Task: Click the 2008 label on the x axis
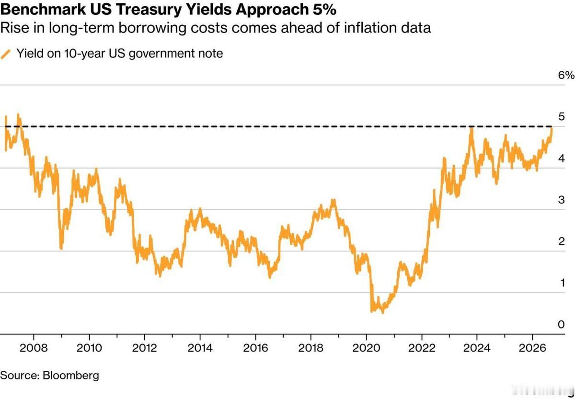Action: [34, 348]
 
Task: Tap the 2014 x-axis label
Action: [200, 348]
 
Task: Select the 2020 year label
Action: [366, 348]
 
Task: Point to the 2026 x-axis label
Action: [532, 348]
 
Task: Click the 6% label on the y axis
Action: [566, 75]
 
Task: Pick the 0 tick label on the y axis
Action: [562, 324]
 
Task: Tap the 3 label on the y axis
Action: [562, 200]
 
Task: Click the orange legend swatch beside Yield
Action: [5, 54]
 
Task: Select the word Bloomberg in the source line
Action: [70, 376]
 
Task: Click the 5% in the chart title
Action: [324, 10]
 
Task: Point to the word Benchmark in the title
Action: [43, 10]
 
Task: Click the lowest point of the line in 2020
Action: [383, 312]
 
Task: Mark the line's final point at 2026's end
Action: [552, 128]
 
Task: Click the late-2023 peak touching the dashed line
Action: [471, 127]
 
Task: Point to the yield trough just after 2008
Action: [61, 248]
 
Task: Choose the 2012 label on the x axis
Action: [144, 348]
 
